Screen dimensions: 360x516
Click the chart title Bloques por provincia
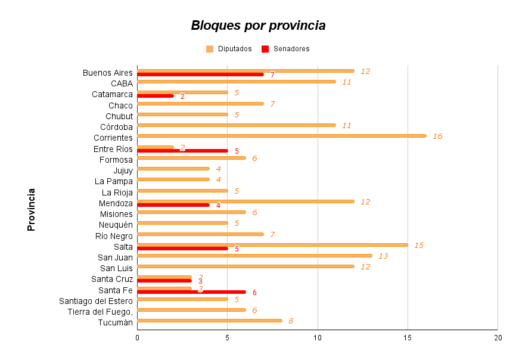click(x=258, y=26)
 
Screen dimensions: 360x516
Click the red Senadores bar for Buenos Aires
click(x=200, y=75)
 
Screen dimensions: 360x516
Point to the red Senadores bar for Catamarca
click(x=156, y=96)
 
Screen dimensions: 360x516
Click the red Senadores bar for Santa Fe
click(x=191, y=292)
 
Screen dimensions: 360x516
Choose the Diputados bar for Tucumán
click(x=209, y=321)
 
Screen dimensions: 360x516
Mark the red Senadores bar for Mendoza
click(x=173, y=205)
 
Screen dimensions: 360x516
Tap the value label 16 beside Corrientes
click(x=437, y=136)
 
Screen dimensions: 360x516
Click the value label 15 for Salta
click(x=419, y=245)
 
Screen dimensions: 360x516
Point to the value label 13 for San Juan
click(x=383, y=256)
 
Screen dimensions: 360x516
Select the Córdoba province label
click(x=117, y=126)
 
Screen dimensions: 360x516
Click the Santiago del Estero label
click(x=96, y=300)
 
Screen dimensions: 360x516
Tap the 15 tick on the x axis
click(x=408, y=337)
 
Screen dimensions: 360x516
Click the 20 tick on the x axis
click(x=498, y=337)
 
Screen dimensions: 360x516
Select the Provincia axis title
click(x=32, y=209)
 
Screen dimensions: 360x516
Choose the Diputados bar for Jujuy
click(x=173, y=169)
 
